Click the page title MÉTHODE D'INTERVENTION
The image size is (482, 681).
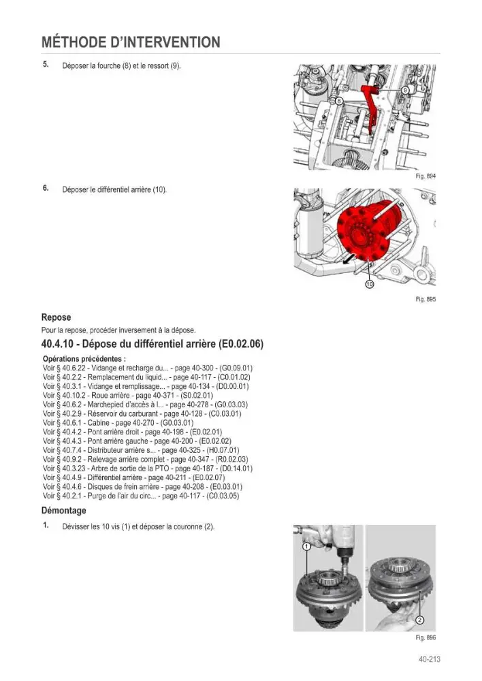131,42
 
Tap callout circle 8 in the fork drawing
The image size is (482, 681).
340,101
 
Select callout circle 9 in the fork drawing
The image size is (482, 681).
404,91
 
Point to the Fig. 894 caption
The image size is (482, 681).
425,176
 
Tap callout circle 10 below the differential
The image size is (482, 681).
370,285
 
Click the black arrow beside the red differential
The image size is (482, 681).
349,259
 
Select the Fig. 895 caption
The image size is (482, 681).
425,299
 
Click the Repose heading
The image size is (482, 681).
56,317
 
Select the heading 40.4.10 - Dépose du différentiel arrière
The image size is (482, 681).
152,344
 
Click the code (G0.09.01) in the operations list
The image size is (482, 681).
237,368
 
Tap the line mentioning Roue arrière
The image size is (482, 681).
128,396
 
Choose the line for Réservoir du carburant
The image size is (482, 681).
142,414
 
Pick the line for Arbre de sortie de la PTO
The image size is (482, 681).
148,469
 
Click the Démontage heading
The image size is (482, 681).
64,511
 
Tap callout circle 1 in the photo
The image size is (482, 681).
306,547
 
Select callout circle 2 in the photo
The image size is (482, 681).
419,620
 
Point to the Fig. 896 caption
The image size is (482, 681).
425,637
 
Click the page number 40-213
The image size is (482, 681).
430,659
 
